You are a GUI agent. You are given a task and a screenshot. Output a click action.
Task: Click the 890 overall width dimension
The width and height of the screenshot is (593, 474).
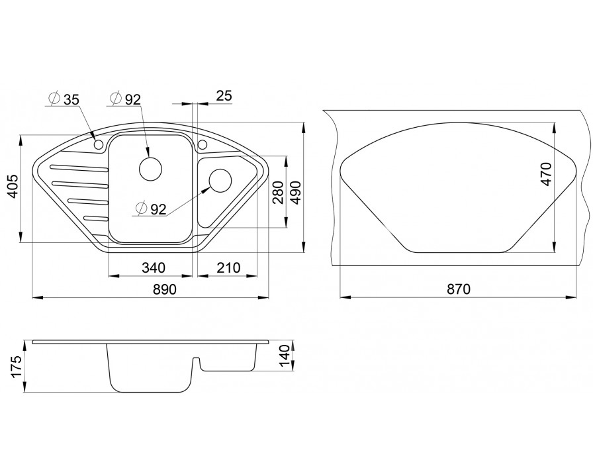tap(165, 289)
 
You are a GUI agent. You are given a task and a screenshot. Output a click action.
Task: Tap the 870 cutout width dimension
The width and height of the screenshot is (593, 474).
tap(459, 289)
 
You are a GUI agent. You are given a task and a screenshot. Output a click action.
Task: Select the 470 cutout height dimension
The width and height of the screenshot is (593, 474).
tap(547, 173)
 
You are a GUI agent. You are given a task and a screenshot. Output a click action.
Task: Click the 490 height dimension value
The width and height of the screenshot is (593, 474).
tap(295, 193)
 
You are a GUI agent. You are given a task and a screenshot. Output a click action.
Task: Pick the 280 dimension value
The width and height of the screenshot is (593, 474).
tap(278, 193)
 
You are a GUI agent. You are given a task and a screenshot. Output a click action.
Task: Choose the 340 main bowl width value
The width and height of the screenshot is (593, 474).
tap(154, 267)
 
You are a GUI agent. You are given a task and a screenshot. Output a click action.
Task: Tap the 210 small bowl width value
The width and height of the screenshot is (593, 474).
tap(228, 267)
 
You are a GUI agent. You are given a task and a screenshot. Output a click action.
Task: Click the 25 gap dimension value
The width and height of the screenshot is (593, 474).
tap(224, 96)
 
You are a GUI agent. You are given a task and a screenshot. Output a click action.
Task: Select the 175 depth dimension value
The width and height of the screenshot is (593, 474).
tap(17, 366)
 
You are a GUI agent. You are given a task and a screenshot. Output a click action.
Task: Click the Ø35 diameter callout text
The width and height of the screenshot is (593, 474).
tap(64, 99)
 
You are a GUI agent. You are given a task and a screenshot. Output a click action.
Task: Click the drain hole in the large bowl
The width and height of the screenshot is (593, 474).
tap(150, 169)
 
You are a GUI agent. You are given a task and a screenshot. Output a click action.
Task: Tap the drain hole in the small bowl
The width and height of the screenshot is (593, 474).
tap(220, 181)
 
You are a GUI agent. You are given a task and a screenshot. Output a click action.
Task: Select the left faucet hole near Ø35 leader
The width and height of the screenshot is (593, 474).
tap(99, 144)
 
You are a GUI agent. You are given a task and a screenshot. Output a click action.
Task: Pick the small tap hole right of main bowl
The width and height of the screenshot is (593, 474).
tap(202, 145)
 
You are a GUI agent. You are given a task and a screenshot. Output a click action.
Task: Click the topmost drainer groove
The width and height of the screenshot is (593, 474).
tap(78, 167)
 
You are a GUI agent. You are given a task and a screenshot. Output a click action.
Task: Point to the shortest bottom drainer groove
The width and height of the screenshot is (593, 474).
tap(96, 218)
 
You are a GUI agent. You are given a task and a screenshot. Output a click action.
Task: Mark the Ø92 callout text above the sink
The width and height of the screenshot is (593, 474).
tap(125, 99)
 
